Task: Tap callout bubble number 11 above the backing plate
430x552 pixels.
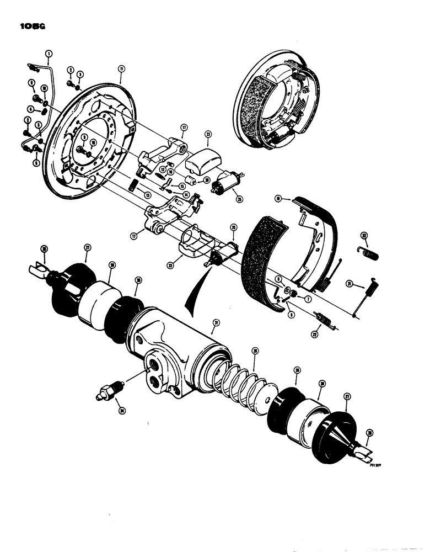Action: [x=121, y=69]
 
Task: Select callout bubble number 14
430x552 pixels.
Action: [x=185, y=194]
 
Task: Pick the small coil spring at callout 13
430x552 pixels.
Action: [x=133, y=184]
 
